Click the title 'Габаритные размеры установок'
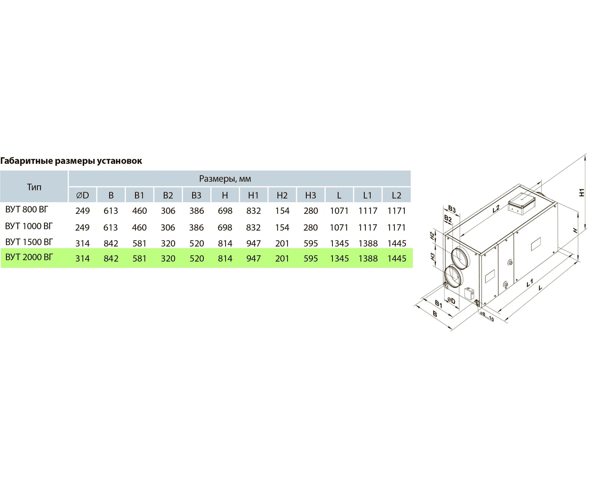[71, 161]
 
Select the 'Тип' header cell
[34, 187]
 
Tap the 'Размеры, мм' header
[225, 179]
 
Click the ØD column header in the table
[82, 195]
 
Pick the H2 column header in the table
[282, 195]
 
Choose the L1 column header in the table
[368, 195]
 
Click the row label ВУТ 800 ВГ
[27, 209]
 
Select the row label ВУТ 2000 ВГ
[29, 257]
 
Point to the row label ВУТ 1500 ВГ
[29, 242]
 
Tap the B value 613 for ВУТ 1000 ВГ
[111, 227]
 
